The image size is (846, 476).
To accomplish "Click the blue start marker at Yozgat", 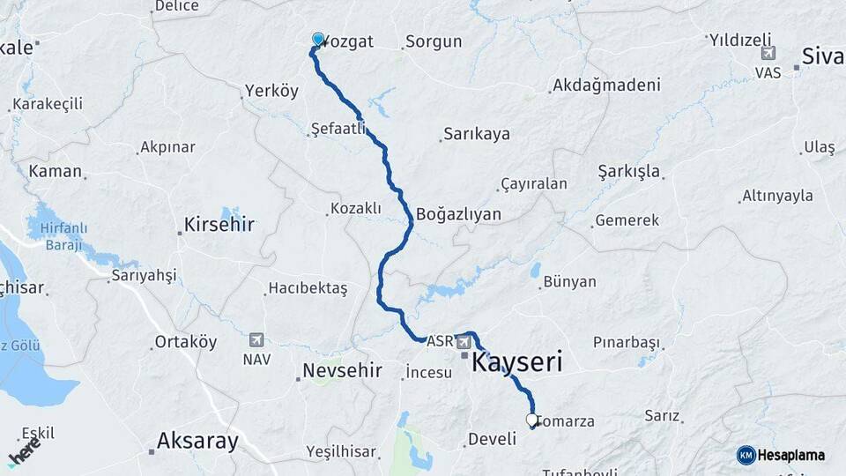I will (318, 39).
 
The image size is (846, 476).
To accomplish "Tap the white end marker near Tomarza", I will (531, 420).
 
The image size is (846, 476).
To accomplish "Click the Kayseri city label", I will (517, 361).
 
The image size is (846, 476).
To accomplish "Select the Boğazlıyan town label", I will (458, 214).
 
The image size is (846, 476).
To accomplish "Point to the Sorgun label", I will (432, 41).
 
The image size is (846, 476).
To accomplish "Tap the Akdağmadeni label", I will (605, 86).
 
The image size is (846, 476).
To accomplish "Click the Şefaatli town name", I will (338, 129).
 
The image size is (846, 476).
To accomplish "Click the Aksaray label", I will (197, 441).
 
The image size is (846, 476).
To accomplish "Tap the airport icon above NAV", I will (256, 339).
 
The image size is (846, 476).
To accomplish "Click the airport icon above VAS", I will (768, 54).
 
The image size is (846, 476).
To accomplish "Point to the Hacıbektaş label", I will (308, 288).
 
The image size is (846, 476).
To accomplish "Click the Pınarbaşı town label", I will (626, 341).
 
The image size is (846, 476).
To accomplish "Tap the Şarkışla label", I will (628, 171).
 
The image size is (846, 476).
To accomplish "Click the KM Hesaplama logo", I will (781, 455).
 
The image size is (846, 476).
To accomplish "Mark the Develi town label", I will (491, 439).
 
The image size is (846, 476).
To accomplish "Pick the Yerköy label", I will (271, 92).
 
